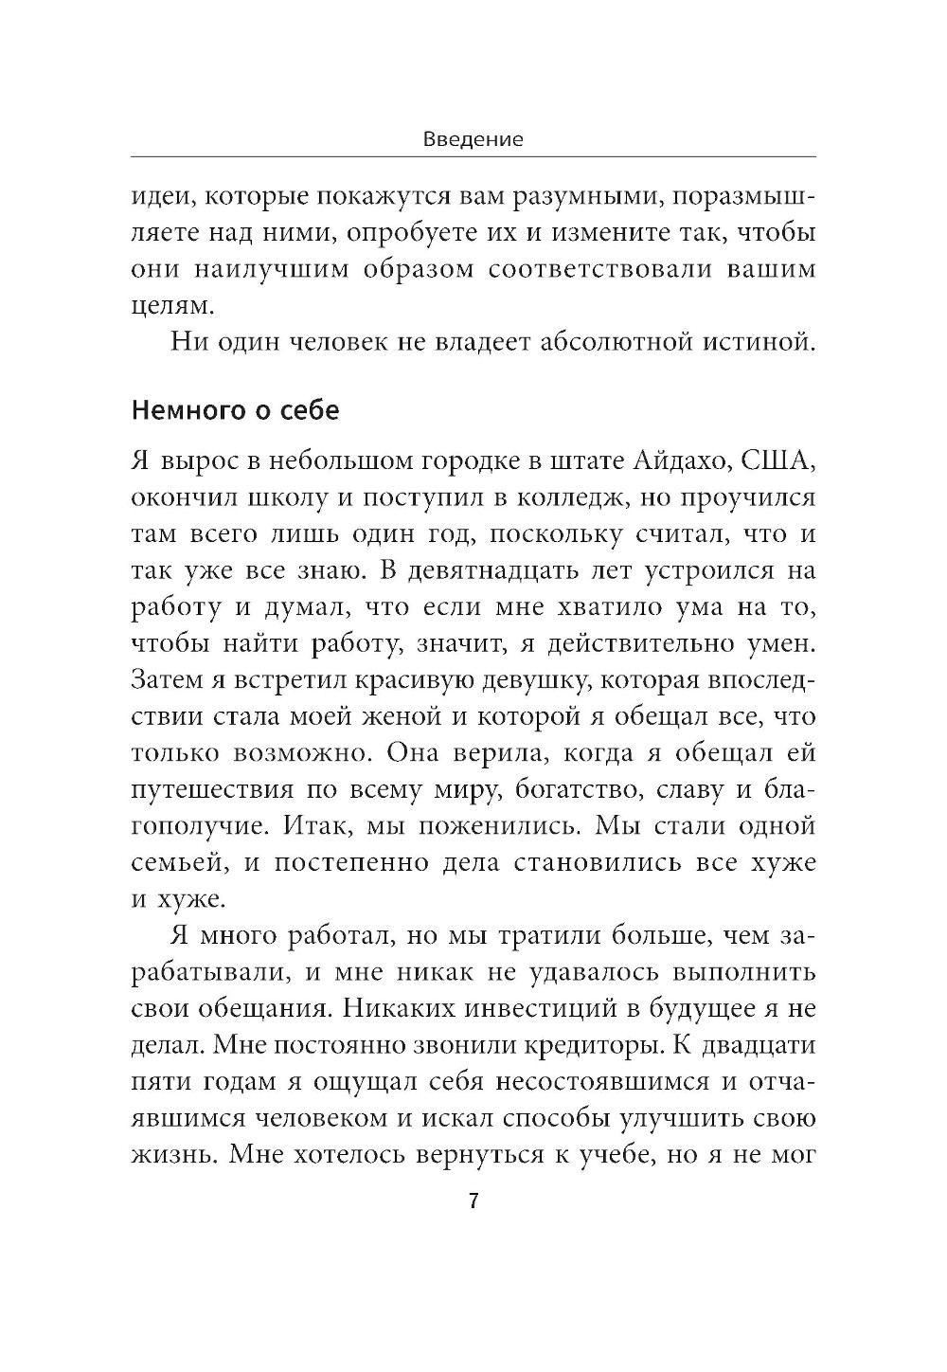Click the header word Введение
pyautogui.click(x=473, y=139)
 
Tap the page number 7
pyautogui.click(x=473, y=1201)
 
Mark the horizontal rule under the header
pyautogui.click(x=473, y=156)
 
